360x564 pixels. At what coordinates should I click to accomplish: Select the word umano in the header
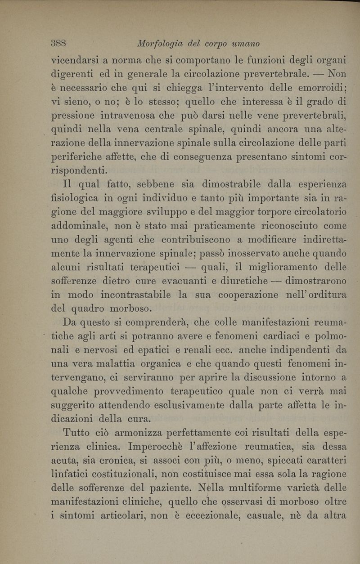click(x=245, y=44)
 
